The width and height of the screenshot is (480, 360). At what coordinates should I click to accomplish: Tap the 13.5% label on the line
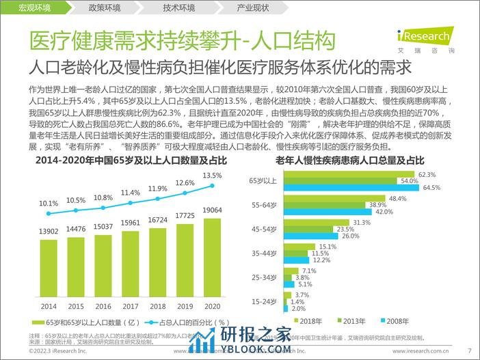point(213,174)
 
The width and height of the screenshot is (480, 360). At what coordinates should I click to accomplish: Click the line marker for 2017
point(130,203)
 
